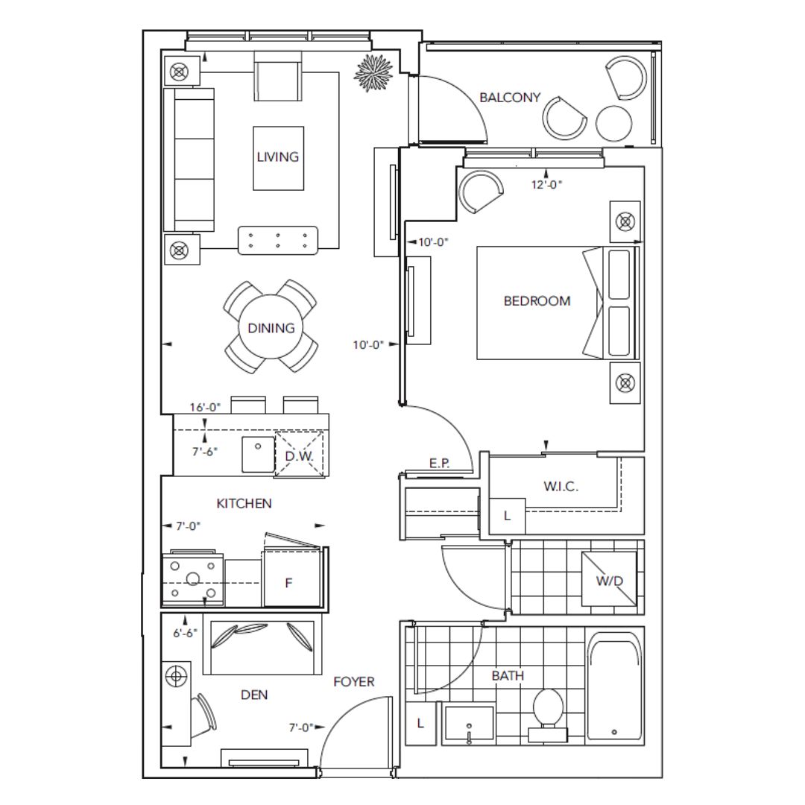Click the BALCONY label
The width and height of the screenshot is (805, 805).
click(x=510, y=97)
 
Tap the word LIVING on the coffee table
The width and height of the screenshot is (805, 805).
click(x=278, y=157)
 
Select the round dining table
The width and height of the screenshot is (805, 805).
click(x=271, y=327)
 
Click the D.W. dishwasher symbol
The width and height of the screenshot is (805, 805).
click(x=300, y=455)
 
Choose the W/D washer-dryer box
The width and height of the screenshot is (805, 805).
click(x=609, y=579)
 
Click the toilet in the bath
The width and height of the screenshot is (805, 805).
click(x=549, y=714)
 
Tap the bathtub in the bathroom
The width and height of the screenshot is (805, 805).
click(x=614, y=686)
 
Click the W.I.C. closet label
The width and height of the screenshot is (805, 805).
click(x=561, y=486)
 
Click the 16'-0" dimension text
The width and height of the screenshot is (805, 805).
click(x=205, y=407)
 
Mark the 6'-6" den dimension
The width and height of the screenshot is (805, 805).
click(x=186, y=633)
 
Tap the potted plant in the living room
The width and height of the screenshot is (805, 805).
click(x=373, y=73)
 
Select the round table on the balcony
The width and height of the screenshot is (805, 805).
click(x=614, y=124)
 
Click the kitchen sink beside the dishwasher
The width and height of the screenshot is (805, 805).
click(x=258, y=454)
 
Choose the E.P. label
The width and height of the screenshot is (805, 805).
click(x=440, y=463)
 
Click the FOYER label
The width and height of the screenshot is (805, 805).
click(x=354, y=682)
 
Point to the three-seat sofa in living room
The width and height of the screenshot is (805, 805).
click(x=189, y=160)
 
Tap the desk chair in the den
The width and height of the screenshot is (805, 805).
click(x=206, y=712)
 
